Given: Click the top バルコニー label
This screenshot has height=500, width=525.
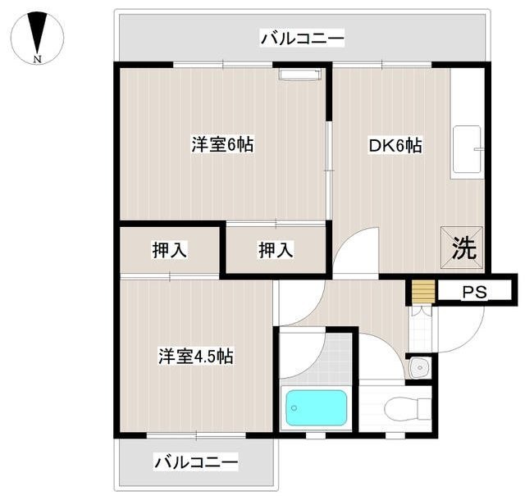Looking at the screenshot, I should (302, 38).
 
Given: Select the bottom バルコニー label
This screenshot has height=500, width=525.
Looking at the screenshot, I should (196, 463).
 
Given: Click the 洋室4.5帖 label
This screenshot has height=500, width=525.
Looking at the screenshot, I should (196, 357).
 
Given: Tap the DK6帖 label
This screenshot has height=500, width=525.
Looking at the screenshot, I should (395, 146).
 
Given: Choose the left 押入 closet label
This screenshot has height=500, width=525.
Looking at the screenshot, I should (170, 251).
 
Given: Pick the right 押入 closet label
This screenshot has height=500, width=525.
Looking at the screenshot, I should (276, 251).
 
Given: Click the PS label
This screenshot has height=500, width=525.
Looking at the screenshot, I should (473, 293).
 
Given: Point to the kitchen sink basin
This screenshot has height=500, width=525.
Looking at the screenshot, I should (467, 150).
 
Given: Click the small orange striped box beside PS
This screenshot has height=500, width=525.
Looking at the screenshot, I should (422, 293).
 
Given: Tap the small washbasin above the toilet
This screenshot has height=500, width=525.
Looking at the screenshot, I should (418, 368).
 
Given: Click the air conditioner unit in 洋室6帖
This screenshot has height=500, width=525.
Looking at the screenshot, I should (299, 75).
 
